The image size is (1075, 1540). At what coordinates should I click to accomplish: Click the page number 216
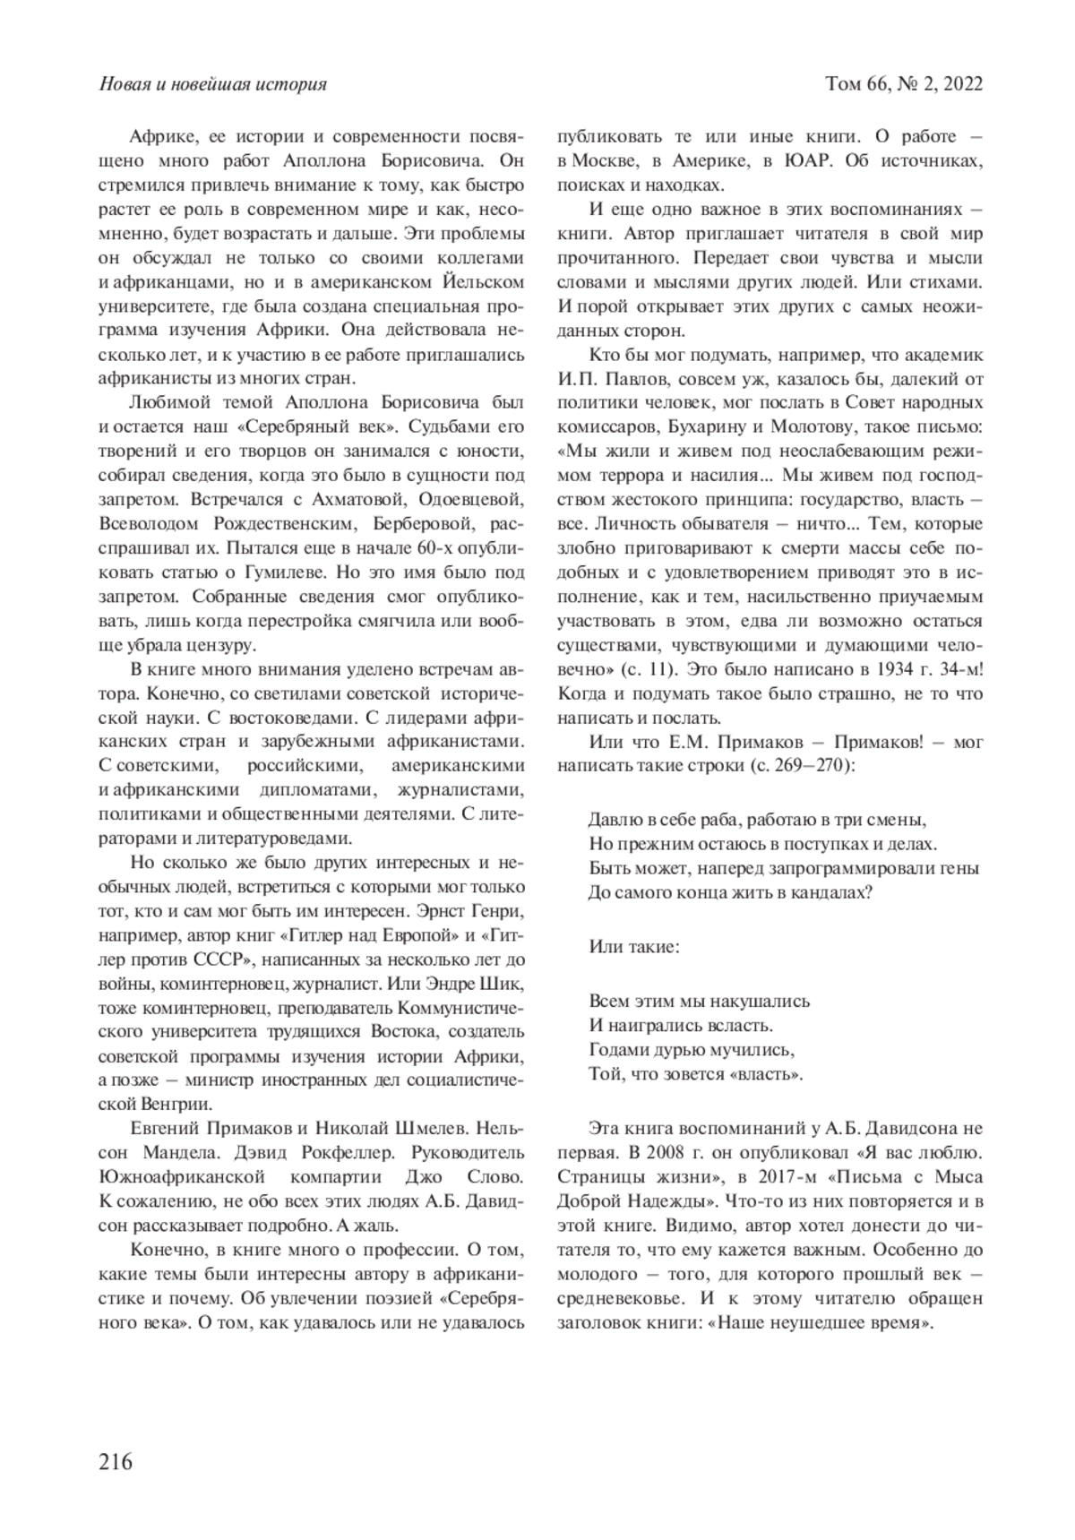coord(116,1462)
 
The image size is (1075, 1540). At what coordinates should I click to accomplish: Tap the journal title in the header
coord(212,84)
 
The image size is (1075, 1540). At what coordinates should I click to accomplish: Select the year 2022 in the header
coord(959,84)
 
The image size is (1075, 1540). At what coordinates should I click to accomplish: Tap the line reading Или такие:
coord(633,946)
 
